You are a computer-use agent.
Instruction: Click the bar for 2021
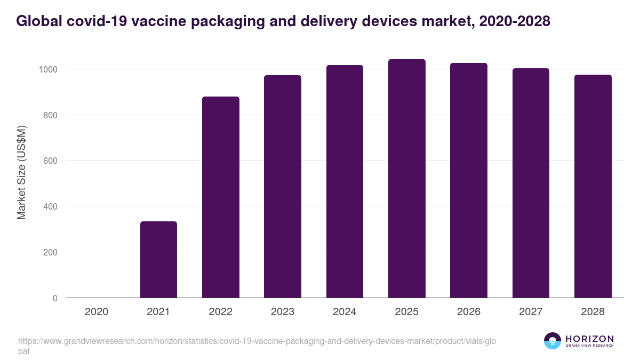pyautogui.click(x=158, y=260)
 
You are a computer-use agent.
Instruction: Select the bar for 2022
pyautogui.click(x=221, y=197)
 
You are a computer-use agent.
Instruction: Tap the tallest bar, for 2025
pyautogui.click(x=407, y=179)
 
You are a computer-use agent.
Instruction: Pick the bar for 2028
pyautogui.click(x=593, y=186)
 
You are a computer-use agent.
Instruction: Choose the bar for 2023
pyautogui.click(x=283, y=187)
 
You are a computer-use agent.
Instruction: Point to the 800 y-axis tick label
pyautogui.click(x=51, y=115)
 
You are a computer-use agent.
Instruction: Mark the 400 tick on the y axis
pyautogui.click(x=51, y=206)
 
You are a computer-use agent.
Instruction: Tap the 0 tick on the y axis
pyautogui.click(x=55, y=298)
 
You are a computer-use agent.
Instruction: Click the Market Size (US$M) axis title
pyautogui.click(x=21, y=172)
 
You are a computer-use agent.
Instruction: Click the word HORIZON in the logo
pyautogui.click(x=589, y=339)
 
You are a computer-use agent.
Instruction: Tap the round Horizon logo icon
pyautogui.click(x=553, y=341)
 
